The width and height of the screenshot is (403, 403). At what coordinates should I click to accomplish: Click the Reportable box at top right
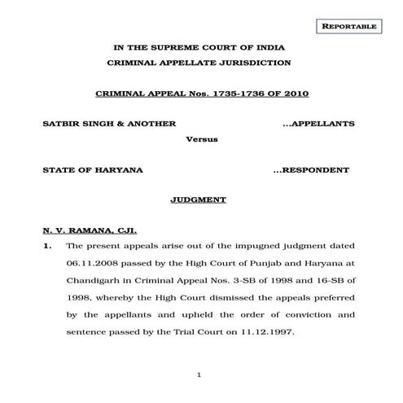coord(350,27)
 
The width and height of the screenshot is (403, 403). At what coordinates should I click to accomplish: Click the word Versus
coord(199,139)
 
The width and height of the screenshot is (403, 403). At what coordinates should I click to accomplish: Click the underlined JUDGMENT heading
coord(199,199)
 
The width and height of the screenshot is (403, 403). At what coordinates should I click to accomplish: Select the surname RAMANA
coord(83,230)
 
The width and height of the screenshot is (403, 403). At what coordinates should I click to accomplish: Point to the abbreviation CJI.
coord(120,230)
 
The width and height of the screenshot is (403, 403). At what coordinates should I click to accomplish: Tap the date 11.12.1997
coord(290,333)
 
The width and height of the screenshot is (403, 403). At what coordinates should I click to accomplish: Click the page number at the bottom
coord(199,374)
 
